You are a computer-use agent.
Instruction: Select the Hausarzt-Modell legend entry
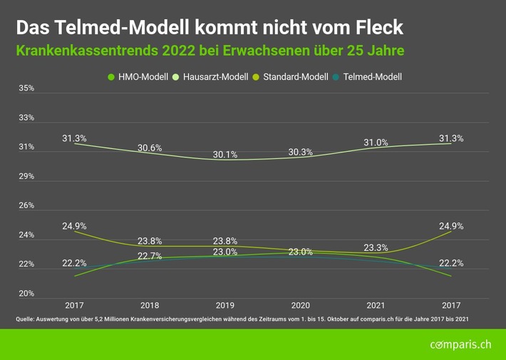pos(213,76)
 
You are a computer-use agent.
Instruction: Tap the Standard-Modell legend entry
pos(294,76)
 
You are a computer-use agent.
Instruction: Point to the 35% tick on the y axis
pos(26,88)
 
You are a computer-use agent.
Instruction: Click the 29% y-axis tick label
pos(26,176)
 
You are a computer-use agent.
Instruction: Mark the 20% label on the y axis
pos(26,294)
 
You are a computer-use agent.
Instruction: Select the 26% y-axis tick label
pos(26,205)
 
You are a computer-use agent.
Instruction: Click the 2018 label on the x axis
pos(149,304)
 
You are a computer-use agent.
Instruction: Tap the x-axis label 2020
pos(301,304)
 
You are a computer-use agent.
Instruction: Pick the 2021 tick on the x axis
pos(376,304)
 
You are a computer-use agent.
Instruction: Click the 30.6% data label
pos(149,148)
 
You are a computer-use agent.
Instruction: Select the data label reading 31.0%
pos(376,143)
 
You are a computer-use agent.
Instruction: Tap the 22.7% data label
pos(149,257)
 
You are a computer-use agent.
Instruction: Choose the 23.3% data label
pos(376,248)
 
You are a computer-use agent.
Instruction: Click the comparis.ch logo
pos(460,345)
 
